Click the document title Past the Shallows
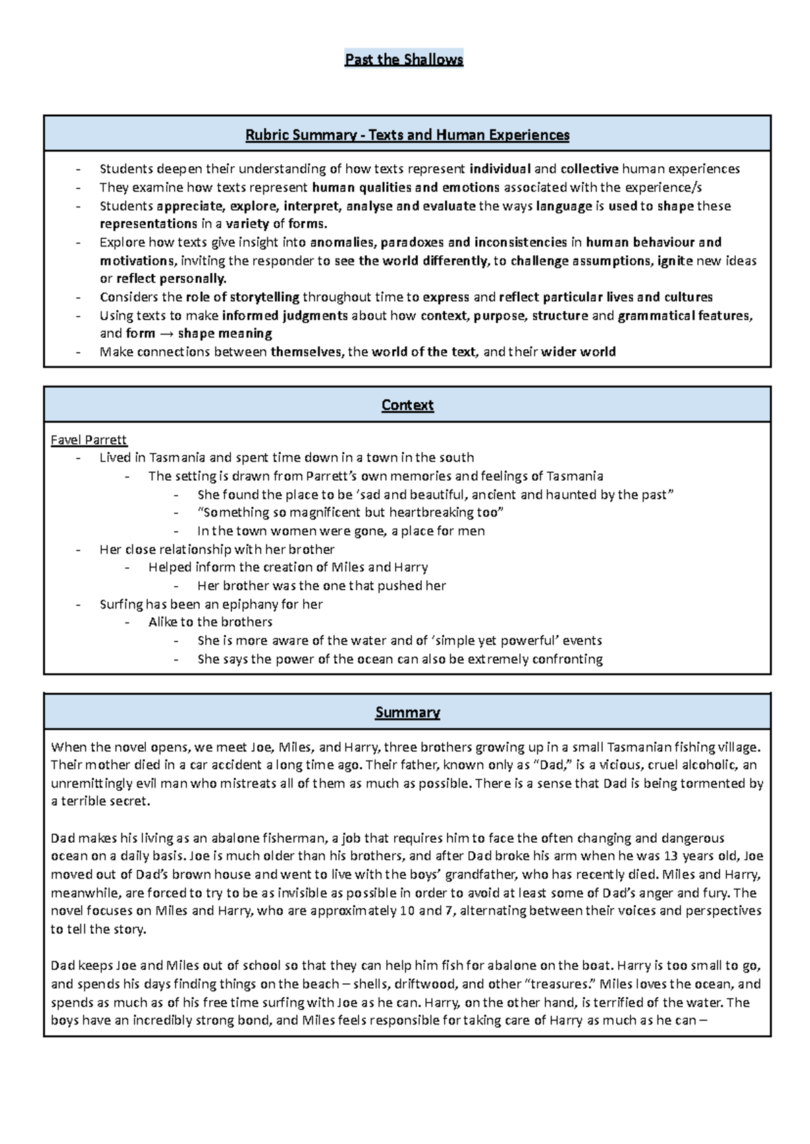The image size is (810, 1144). pos(404,59)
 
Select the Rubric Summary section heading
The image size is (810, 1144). pos(407,135)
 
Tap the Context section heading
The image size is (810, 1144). pos(407,405)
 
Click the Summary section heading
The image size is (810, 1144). pos(407,712)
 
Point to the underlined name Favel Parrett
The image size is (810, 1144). pos(88,440)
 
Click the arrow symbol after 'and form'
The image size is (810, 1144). pos(166,334)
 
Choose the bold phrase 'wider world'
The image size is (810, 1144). pos(578,352)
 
